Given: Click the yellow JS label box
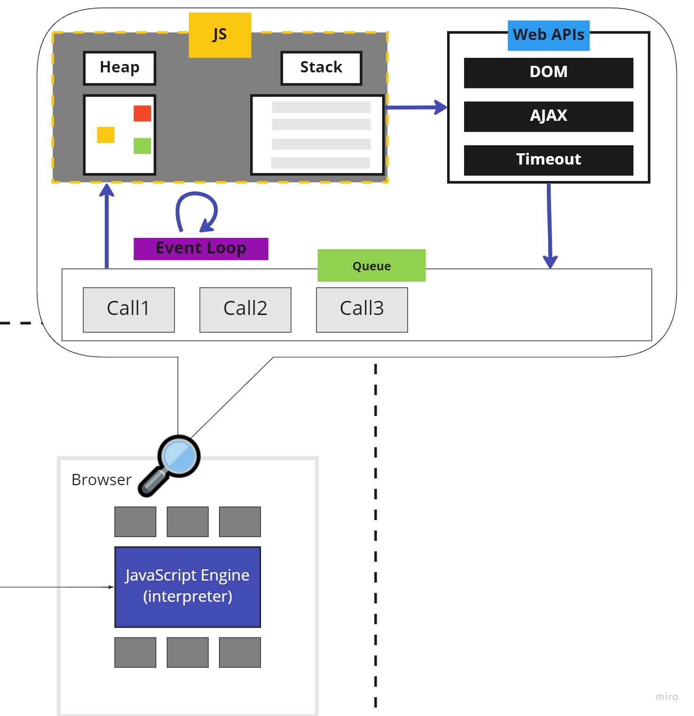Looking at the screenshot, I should click(x=220, y=35).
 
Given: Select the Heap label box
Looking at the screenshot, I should click(x=119, y=68).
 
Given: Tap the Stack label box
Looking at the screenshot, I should click(x=321, y=68).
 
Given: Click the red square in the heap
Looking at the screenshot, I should click(x=142, y=113).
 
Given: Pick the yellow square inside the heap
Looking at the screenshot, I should click(x=105, y=135).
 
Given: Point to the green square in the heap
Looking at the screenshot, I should click(x=142, y=146).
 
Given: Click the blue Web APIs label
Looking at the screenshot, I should click(x=548, y=35).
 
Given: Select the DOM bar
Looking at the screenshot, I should click(x=548, y=72).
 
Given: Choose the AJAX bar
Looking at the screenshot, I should click(x=548, y=116).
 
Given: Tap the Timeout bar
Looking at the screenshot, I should click(x=548, y=160).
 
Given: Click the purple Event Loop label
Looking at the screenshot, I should click(x=201, y=249).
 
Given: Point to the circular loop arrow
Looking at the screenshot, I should click(x=197, y=211).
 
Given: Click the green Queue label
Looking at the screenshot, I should click(x=371, y=266).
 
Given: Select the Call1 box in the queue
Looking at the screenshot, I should click(x=129, y=309).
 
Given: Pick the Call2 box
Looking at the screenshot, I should click(x=245, y=309).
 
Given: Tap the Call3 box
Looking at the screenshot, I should click(x=362, y=309).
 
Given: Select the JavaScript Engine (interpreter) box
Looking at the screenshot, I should click(x=188, y=587).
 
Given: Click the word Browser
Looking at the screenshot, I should click(x=102, y=480).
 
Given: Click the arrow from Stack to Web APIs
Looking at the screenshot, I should click(x=416, y=107).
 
